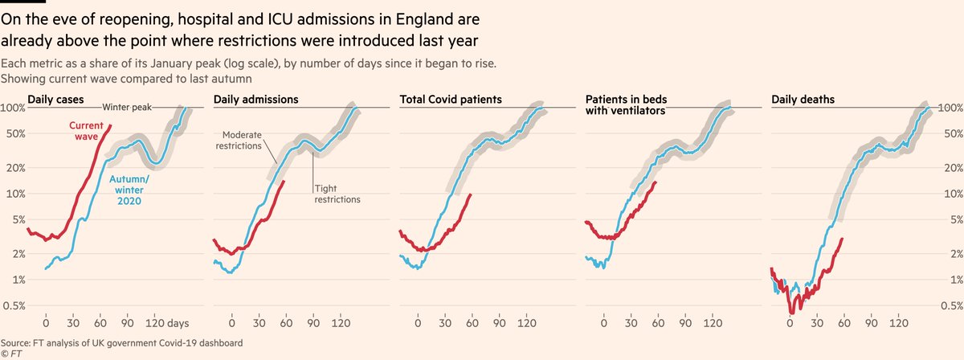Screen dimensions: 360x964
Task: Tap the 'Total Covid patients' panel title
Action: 451,100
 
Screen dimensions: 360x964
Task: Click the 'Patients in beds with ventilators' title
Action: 626,105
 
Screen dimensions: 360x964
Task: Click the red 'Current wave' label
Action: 83,131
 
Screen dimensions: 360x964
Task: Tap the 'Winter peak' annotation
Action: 127,107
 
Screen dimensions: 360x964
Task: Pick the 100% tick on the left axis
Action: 13,108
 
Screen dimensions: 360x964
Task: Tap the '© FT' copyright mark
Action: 11,354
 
